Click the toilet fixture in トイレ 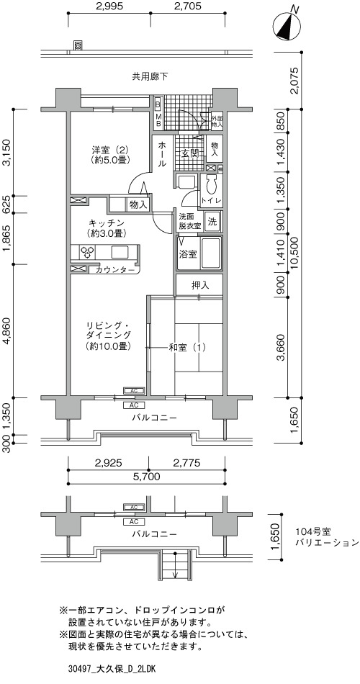coord(211,185)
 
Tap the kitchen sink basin coord(120,252)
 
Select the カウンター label coord(114,270)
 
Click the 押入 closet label coord(200,286)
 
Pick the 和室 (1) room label coord(186,348)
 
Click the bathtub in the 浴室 coord(211,253)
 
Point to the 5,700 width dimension coord(148,477)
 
